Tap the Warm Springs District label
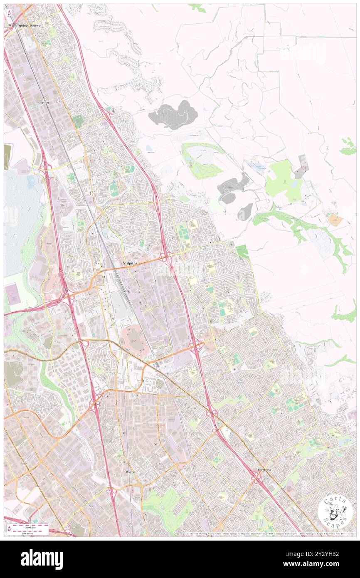pos(24,26)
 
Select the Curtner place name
pos(43,102)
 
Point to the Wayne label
pos(130,472)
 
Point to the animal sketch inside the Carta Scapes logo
pos(335,512)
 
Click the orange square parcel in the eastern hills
pos(335,220)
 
